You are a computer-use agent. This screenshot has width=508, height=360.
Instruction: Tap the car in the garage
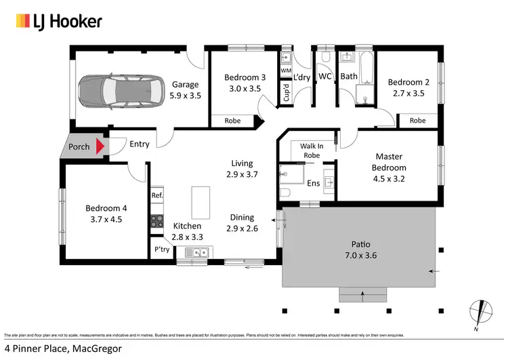pos(119,91)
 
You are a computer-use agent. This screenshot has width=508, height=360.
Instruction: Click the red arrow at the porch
pos(101,145)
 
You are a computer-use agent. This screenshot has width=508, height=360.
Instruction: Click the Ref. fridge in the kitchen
pos(157,196)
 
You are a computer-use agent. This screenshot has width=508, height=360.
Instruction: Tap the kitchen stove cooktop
pos(157,220)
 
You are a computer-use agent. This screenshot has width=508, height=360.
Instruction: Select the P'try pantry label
pos(161,249)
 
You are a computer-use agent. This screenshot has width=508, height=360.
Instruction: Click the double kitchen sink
pos(196,254)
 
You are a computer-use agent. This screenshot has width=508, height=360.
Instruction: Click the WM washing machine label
pos(285,71)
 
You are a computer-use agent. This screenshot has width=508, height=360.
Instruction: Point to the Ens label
pos(314,184)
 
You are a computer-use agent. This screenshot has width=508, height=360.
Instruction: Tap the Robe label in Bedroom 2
pos(417,121)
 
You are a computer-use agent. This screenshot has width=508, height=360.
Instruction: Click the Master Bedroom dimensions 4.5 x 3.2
pos(389,179)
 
